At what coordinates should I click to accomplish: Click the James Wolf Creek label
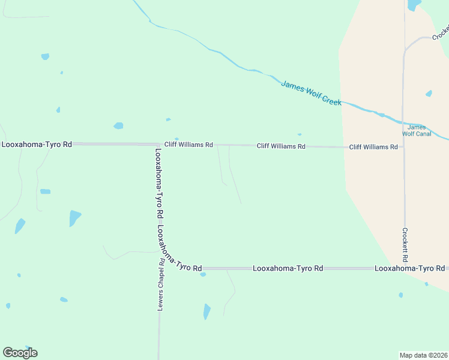311,93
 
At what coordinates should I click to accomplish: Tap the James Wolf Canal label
417,130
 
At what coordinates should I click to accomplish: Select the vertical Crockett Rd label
405,245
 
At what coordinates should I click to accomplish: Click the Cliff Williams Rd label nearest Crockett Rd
373,147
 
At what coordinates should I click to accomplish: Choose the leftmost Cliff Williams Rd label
188,145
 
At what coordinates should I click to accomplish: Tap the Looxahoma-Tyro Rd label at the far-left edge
37,145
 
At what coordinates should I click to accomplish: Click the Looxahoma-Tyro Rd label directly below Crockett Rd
409,268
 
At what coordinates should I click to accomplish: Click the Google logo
20,352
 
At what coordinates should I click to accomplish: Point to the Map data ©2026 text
423,355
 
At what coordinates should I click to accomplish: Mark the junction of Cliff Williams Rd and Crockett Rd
403,147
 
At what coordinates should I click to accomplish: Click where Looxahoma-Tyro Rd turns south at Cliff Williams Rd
158,145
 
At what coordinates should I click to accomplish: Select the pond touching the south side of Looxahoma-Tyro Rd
203,274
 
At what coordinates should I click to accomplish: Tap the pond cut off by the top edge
414,5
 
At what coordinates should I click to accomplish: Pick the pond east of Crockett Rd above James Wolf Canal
429,94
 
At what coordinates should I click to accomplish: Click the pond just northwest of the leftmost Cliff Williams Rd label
176,139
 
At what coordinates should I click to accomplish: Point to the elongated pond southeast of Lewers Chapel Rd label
206,311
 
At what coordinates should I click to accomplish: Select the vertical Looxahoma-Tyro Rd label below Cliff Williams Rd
160,184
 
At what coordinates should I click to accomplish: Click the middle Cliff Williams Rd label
281,146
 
